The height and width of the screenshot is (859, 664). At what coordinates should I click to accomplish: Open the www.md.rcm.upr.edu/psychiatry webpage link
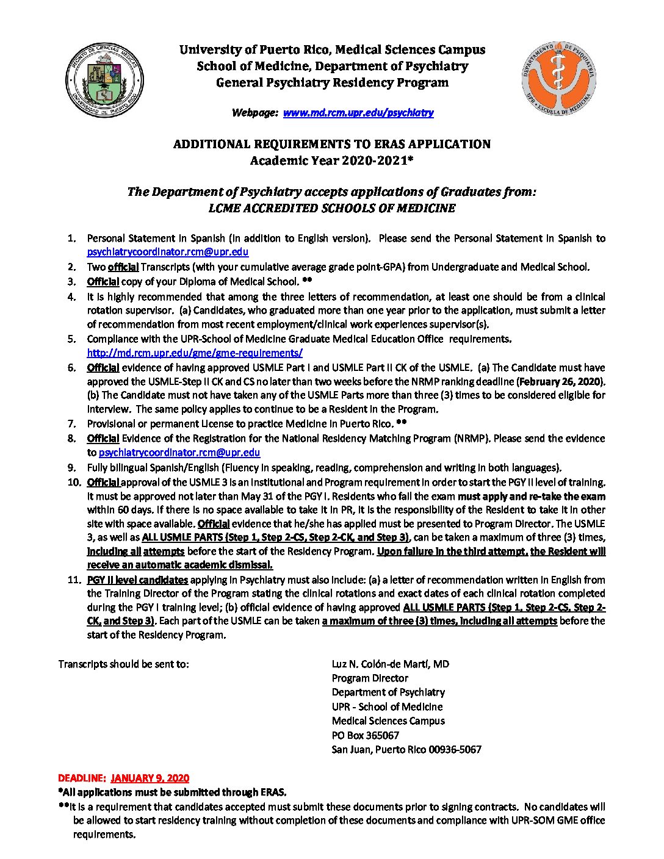(358, 112)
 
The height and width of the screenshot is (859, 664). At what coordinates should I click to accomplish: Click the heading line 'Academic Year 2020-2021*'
(331, 161)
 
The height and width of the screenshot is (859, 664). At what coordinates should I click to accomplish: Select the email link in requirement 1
(167, 252)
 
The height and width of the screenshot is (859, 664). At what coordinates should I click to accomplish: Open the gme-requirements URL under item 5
(195, 353)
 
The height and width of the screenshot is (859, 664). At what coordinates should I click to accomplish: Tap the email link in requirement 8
(179, 453)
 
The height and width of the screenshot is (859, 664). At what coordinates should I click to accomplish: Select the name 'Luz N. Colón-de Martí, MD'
(390, 664)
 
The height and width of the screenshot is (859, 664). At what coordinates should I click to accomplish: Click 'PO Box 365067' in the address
(365, 735)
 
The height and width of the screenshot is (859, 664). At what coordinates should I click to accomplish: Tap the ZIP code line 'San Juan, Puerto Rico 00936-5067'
(406, 749)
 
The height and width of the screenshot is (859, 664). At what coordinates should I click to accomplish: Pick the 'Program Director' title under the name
(370, 678)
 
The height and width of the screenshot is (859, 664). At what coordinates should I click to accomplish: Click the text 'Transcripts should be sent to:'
(123, 664)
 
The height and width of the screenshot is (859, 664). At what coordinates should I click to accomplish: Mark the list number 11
(74, 580)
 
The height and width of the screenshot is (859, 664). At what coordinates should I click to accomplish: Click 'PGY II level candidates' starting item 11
(138, 580)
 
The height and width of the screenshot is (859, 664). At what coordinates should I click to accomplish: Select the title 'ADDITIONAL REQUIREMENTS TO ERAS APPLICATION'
(331, 145)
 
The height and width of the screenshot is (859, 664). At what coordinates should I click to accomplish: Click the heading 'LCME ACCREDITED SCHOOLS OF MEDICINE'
(331, 208)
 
